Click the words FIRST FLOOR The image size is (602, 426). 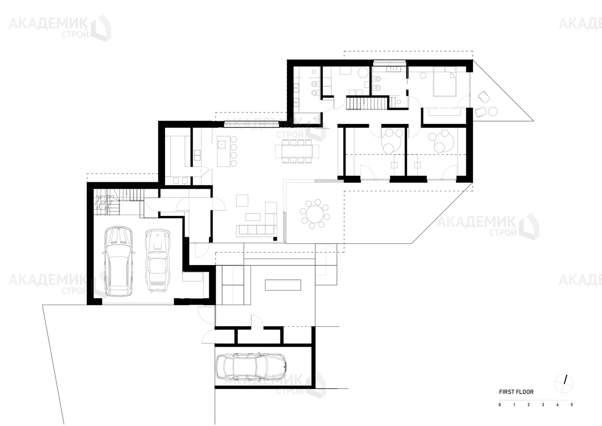coord(516,392)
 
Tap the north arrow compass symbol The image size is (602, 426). coord(564,383)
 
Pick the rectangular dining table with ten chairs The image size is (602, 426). coord(297,151)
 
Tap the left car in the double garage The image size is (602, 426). coord(119,262)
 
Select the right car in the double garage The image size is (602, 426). coord(157,260)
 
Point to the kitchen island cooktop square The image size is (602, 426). coord(222,144)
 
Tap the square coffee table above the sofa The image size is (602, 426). coord(242,201)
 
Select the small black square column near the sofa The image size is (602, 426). coord(275,239)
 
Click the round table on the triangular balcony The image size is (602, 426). coord(493,111)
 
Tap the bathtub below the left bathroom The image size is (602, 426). coord(308,118)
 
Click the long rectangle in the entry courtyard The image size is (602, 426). coord(283,285)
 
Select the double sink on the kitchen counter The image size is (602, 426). coord(197,155)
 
